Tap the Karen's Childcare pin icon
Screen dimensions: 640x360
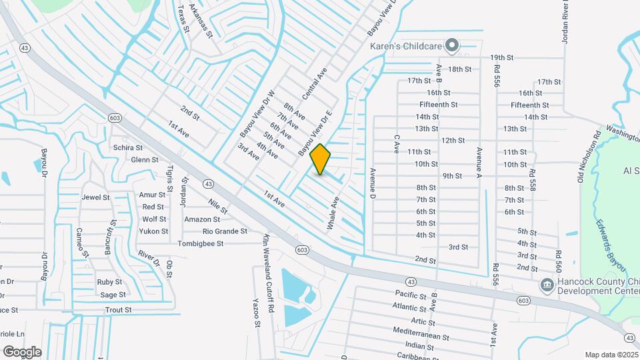pos(452,46)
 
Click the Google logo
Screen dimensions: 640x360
pos(22,352)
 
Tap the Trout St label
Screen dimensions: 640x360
pos(119,310)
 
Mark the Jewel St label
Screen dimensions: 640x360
pos(95,197)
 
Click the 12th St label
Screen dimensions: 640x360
pos(453,141)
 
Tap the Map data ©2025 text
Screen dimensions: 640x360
pos(611,355)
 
